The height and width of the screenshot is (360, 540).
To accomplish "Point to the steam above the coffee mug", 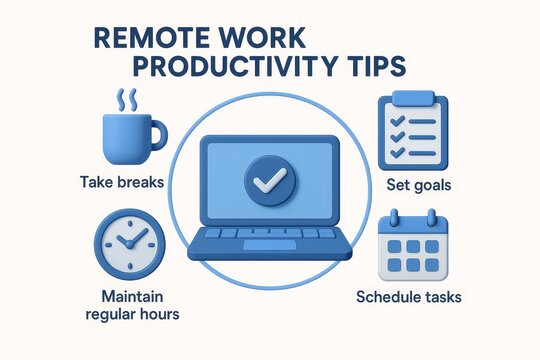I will [x=127, y=100].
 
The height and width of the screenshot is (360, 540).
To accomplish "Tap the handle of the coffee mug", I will [x=157, y=133].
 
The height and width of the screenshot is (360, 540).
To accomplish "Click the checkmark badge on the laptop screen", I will [x=268, y=179].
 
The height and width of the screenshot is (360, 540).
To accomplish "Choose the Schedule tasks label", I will [x=409, y=297].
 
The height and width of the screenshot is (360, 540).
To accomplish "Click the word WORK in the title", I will [x=280, y=37].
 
